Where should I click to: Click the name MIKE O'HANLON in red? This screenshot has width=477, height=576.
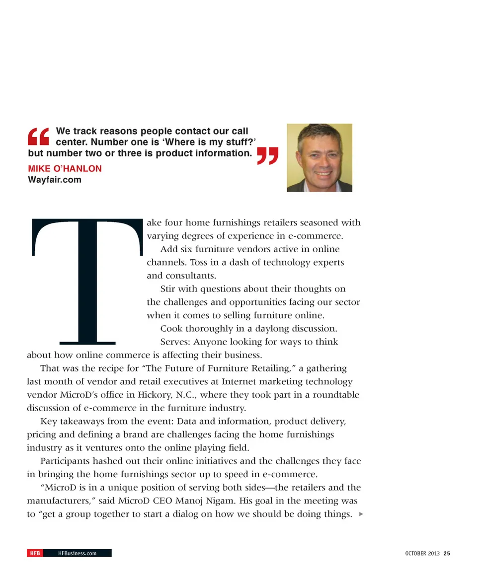pyautogui.click(x=65, y=169)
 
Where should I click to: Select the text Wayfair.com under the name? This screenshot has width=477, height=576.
pyautogui.click(x=54, y=180)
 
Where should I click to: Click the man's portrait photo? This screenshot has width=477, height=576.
pyautogui.click(x=319, y=158)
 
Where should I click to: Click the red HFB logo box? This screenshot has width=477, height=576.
pyautogui.click(x=34, y=553)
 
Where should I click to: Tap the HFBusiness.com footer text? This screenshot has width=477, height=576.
pyautogui.click(x=77, y=553)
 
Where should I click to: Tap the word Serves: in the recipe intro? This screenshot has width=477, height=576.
pyautogui.click(x=174, y=342)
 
